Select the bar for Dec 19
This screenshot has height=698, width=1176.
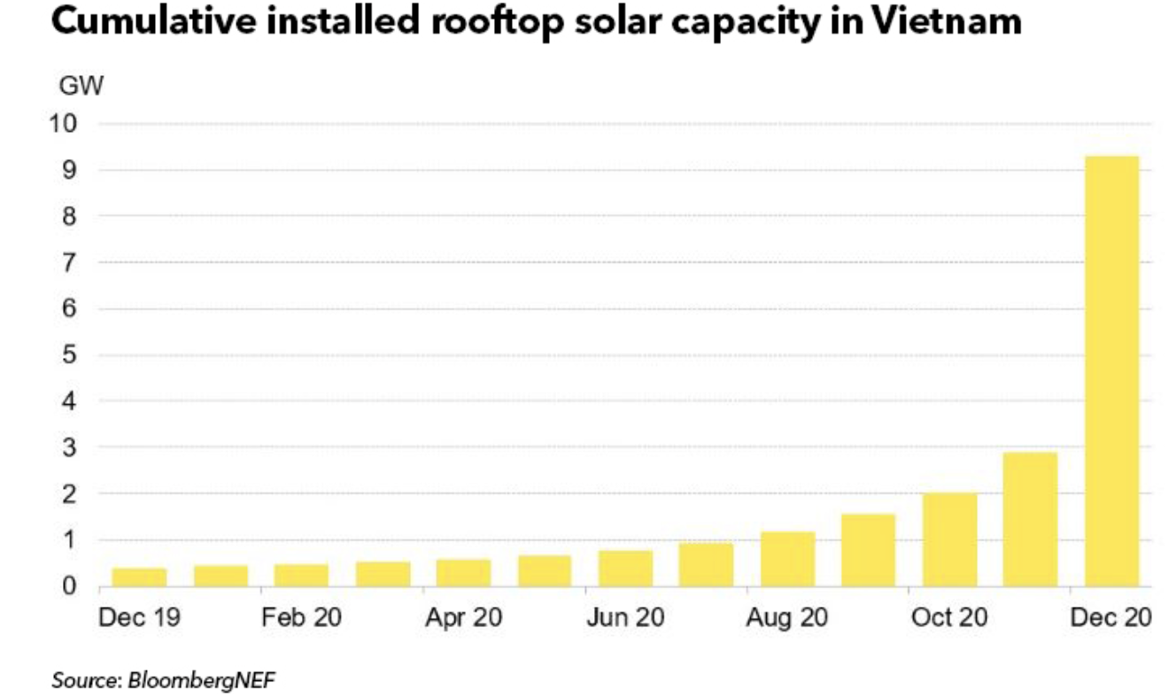139,577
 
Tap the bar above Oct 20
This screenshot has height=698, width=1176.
949,539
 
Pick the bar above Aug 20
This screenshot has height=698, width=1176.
787,558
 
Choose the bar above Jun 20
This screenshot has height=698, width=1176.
625,568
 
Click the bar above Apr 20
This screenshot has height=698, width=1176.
463,572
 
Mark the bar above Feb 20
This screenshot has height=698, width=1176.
301,575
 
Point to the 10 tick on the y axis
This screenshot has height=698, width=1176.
68,123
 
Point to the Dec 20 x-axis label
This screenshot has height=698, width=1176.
1111,618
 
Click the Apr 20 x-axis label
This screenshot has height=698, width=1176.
463,618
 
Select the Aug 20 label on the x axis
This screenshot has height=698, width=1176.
787,618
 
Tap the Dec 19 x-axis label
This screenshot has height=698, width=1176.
139,618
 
